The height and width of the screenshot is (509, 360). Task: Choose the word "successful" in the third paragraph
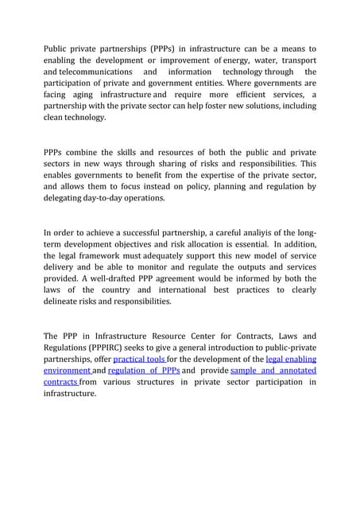pos(141,234)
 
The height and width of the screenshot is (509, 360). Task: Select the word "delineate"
pos(66,301)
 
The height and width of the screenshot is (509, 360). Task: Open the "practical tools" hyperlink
pos(139,359)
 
